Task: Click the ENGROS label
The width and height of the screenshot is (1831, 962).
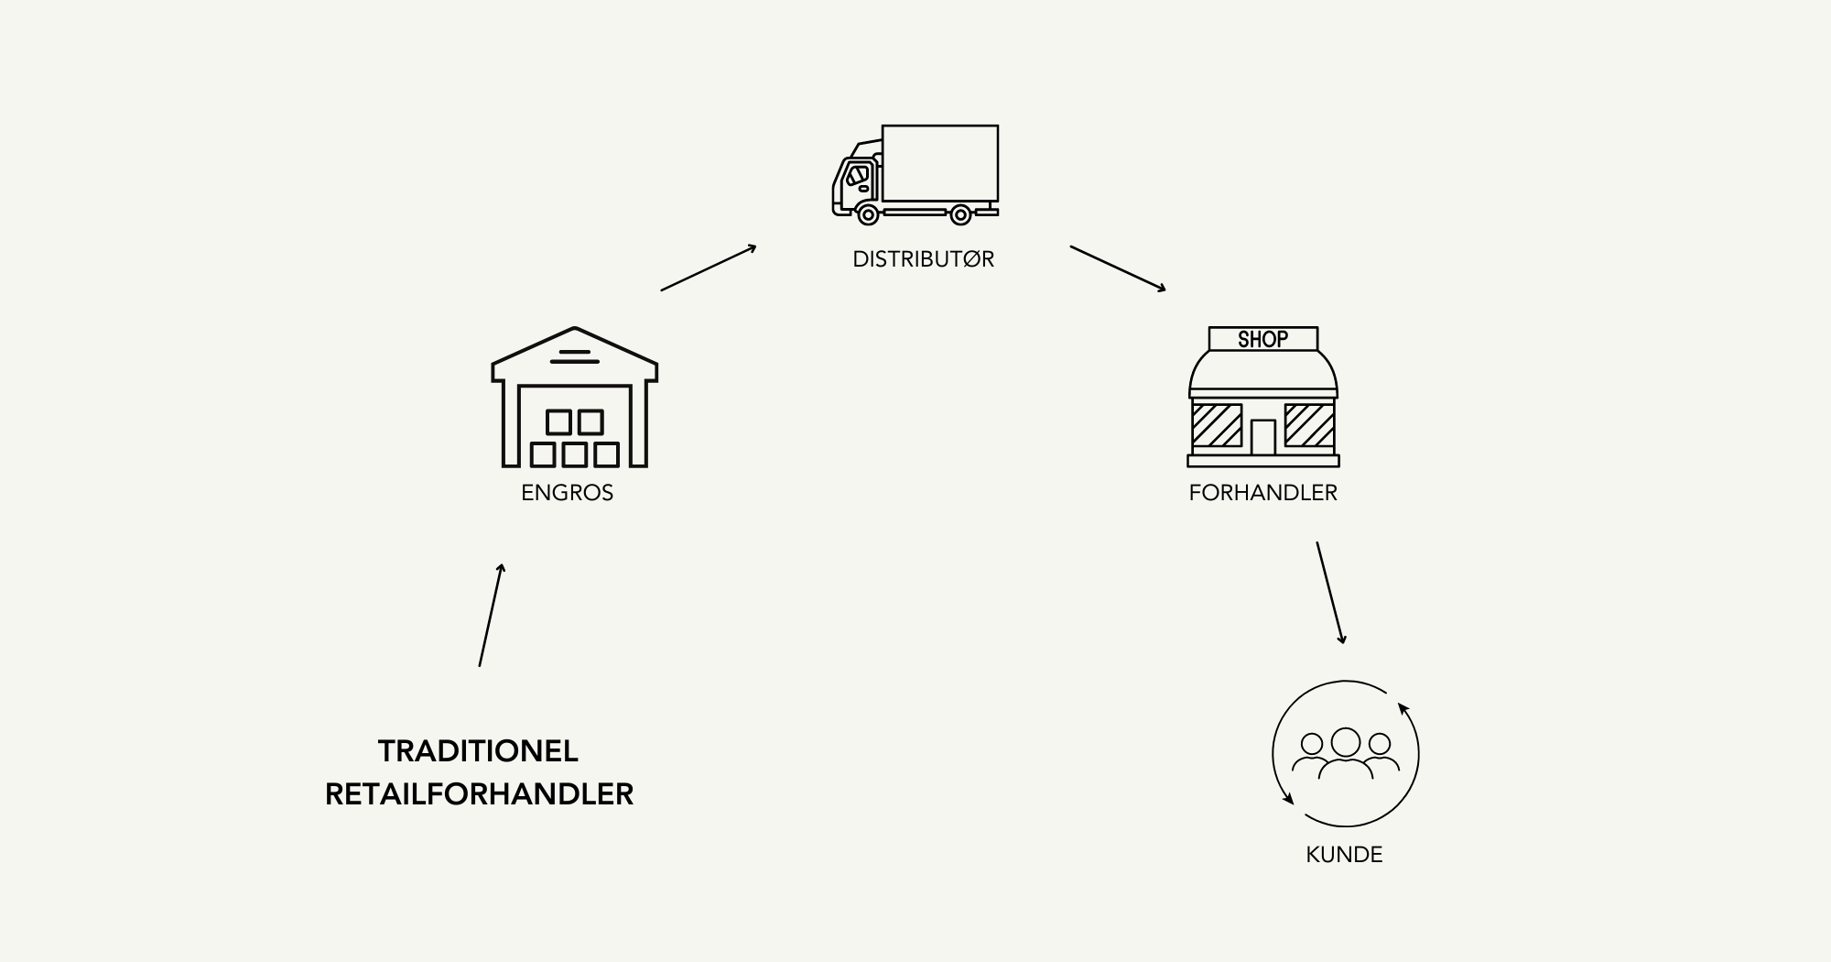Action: pyautogui.click(x=568, y=493)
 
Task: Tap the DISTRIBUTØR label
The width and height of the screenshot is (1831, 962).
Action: pyautogui.click(x=923, y=259)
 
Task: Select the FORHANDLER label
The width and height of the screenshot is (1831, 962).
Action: pyautogui.click(x=1263, y=493)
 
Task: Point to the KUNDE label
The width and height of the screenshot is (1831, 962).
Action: pyautogui.click(x=1344, y=855)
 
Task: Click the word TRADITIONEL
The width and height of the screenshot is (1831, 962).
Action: pyautogui.click(x=478, y=751)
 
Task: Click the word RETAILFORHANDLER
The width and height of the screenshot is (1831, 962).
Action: pyautogui.click(x=479, y=793)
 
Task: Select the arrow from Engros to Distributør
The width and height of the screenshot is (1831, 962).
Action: pyautogui.click(x=709, y=268)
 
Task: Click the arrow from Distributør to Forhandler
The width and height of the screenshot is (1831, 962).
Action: pyautogui.click(x=1119, y=268)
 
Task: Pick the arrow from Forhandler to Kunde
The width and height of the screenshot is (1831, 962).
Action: pyautogui.click(x=1331, y=593)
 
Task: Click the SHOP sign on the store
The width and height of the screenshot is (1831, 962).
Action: pyautogui.click(x=1263, y=339)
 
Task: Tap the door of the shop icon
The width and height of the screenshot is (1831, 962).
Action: pyautogui.click(x=1263, y=437)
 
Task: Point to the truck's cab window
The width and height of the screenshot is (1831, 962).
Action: pyautogui.click(x=858, y=174)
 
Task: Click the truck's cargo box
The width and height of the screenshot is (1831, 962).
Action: pyautogui.click(x=940, y=163)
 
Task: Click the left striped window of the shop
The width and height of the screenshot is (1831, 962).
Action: pyautogui.click(x=1217, y=425)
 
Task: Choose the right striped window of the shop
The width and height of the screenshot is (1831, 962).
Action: pyautogui.click(x=1309, y=425)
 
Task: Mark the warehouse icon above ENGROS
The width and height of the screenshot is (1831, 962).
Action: pyautogui.click(x=575, y=397)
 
